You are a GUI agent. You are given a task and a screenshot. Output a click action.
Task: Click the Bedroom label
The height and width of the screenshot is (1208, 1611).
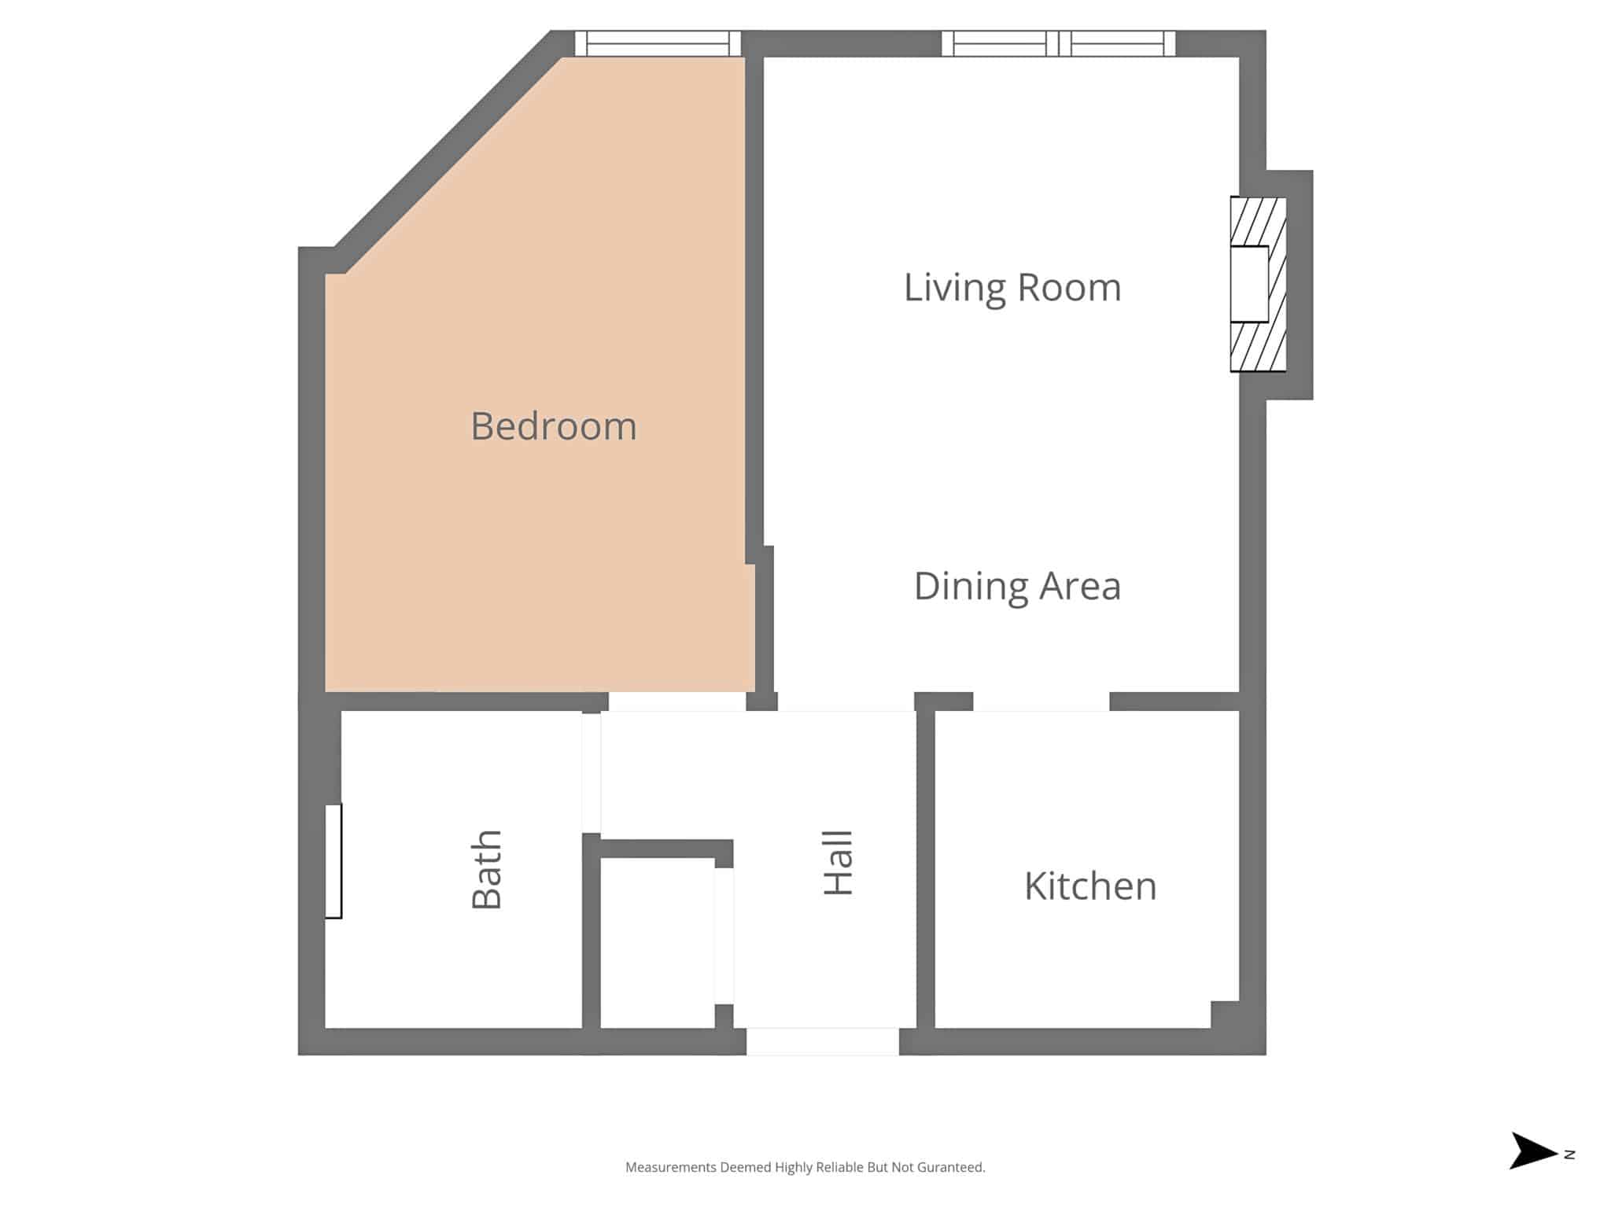(554, 426)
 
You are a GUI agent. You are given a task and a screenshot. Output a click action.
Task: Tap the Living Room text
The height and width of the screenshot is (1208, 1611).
(1012, 288)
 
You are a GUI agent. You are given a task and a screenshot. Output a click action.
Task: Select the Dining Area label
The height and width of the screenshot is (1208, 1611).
(1017, 587)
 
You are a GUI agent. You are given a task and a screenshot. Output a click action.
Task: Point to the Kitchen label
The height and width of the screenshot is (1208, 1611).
(1090, 886)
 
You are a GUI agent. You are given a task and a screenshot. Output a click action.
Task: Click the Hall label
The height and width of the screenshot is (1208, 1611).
(839, 863)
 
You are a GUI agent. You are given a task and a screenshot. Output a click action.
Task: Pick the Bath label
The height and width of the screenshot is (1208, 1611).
(487, 869)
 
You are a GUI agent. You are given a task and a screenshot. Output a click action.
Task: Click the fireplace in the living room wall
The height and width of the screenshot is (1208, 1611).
(1259, 284)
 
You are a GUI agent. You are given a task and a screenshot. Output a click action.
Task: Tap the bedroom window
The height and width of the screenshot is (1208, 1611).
(658, 43)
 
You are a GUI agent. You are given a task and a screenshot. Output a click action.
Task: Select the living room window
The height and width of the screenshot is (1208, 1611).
(1059, 43)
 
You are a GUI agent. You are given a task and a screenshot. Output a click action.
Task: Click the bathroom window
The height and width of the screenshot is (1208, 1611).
(334, 861)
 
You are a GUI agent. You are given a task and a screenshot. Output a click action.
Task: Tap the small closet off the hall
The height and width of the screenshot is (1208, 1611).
(658, 942)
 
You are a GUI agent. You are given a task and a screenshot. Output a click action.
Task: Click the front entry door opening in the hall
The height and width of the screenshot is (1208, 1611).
(823, 1041)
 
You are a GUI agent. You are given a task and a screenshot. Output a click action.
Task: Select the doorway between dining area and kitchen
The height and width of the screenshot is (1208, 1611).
(1041, 702)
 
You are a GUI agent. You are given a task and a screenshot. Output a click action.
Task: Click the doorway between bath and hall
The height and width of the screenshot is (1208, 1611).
(592, 773)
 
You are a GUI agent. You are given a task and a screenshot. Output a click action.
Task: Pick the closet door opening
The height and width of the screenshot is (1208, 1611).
(724, 936)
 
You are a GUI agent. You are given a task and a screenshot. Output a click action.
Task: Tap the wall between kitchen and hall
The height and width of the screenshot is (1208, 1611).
(926, 869)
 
